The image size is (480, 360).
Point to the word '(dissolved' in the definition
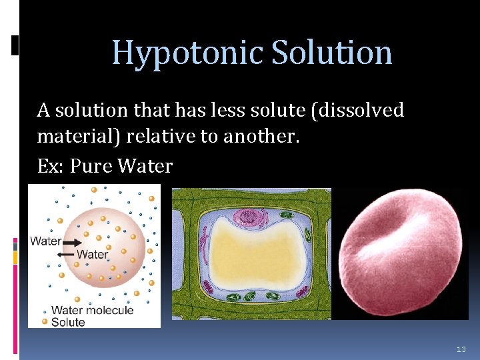click(x=357, y=110)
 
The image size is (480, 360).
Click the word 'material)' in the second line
click(x=79, y=137)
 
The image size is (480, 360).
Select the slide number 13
click(x=461, y=349)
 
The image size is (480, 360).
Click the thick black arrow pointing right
click(x=73, y=241)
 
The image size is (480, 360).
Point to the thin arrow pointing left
click(x=65, y=254)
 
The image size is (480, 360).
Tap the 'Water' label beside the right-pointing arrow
click(x=46, y=241)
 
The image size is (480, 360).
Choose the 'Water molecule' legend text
click(x=92, y=310)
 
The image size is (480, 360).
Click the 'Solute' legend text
click(x=68, y=322)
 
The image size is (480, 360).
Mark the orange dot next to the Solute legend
click(x=45, y=322)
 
